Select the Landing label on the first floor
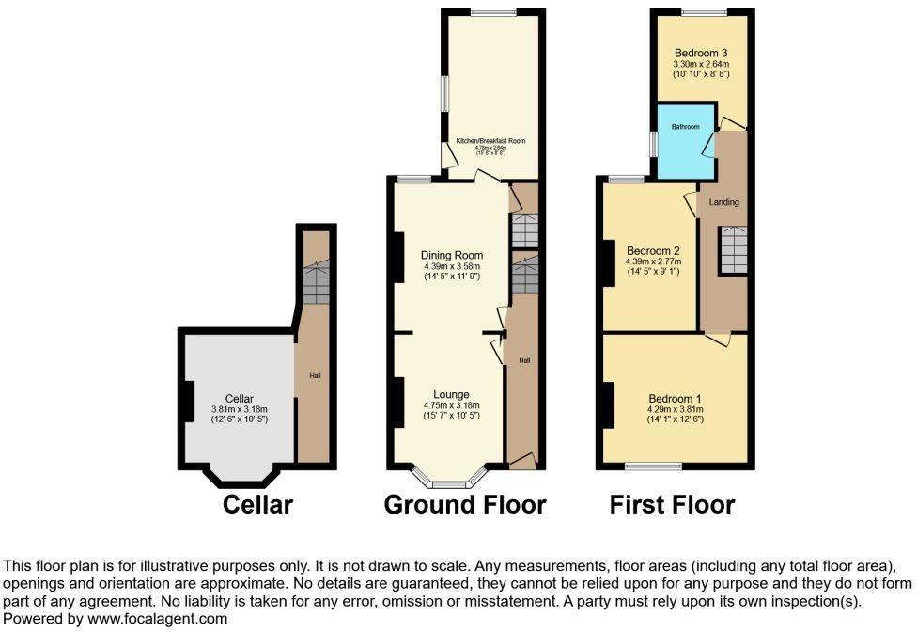tap(723, 202)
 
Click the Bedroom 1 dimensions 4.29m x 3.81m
tap(674, 410)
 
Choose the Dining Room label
tap(452, 255)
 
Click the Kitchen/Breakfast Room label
tap(490, 141)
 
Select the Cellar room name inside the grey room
tap(239, 398)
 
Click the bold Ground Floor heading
tap(465, 505)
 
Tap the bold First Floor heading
tap(672, 505)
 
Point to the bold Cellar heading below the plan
tap(257, 505)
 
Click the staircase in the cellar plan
tap(316, 282)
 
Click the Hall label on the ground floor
tap(525, 361)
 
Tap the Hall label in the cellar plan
tap(316, 376)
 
